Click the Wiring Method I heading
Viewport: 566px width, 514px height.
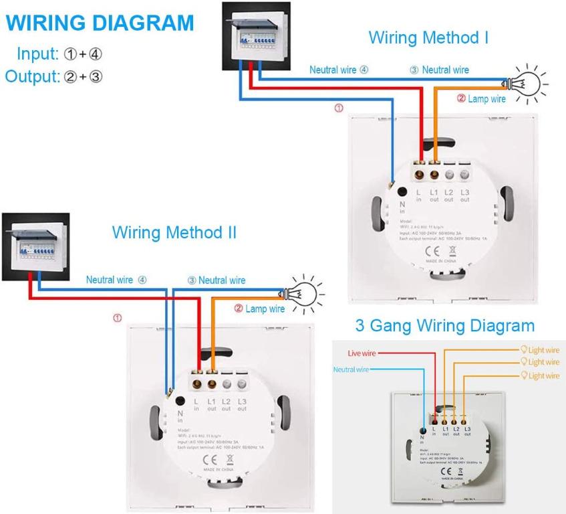tap(428, 37)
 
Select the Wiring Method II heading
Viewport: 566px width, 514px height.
tap(174, 233)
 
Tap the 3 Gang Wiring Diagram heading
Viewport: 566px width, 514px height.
tap(444, 326)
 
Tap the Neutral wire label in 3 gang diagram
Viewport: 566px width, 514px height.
tap(351, 369)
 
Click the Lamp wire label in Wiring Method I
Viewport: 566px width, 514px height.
tap(481, 98)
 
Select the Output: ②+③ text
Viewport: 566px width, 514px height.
tap(53, 75)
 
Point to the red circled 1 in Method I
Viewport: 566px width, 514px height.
tap(338, 108)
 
